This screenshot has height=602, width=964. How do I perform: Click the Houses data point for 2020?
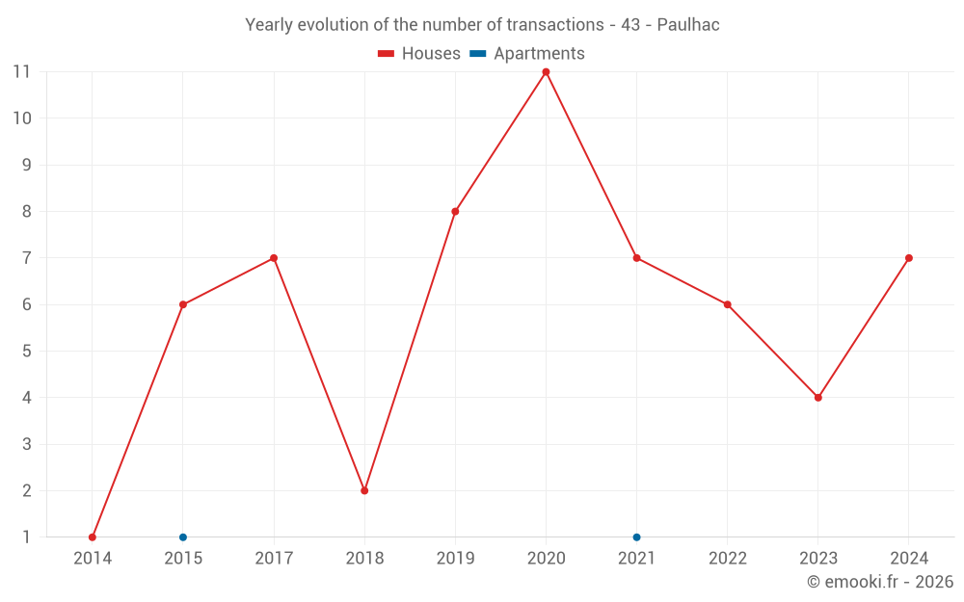[x=546, y=72]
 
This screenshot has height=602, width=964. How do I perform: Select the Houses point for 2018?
[x=364, y=490]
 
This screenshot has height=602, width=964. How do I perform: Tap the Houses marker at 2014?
[x=93, y=537]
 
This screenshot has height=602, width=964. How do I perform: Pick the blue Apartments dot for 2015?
[x=183, y=537]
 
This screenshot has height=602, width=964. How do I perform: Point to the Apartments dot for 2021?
[x=636, y=537]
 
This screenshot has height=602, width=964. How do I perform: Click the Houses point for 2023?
[x=818, y=398]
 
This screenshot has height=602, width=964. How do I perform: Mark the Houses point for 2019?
[x=455, y=212]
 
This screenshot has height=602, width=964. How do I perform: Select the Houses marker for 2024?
[x=909, y=258]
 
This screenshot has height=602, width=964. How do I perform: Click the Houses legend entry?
[x=419, y=54]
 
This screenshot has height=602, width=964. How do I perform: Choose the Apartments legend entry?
[x=527, y=54]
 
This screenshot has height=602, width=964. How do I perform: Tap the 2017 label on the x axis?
[x=274, y=559]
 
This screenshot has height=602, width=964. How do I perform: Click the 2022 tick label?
[x=728, y=559]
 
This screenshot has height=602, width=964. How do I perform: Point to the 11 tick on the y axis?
[x=21, y=72]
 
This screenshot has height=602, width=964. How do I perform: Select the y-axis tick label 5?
[x=26, y=352]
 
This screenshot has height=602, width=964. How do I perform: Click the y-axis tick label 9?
[x=26, y=165]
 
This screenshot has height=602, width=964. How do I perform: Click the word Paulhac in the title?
[x=688, y=25]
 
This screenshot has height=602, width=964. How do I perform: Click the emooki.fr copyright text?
[x=880, y=582]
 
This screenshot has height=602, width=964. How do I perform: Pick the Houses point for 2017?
[x=274, y=258]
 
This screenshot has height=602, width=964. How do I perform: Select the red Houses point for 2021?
[x=636, y=258]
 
